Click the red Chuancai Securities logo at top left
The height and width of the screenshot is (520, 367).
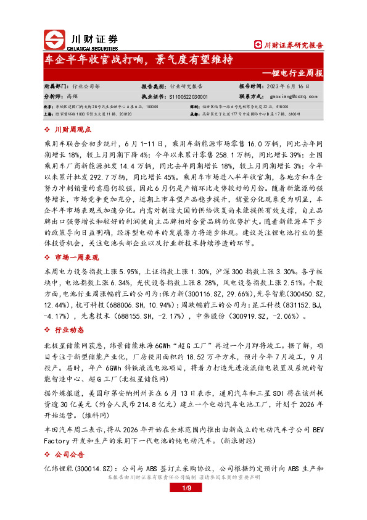click(54, 39)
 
